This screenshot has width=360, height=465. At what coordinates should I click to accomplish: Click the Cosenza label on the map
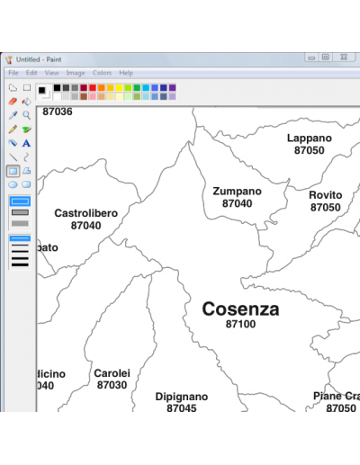pyautogui.click(x=240, y=309)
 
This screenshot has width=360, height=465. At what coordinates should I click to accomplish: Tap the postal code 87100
pyautogui.click(x=240, y=325)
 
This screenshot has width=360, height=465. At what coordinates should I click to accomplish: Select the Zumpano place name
pyautogui.click(x=238, y=192)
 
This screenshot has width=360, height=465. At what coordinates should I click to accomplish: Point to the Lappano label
pyautogui.click(x=310, y=139)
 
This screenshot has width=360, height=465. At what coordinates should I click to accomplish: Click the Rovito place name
pyautogui.click(x=326, y=195)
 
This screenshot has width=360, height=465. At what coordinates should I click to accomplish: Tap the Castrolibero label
pyautogui.click(x=85, y=213)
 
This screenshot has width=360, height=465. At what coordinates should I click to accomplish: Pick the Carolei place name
pyautogui.click(x=112, y=373)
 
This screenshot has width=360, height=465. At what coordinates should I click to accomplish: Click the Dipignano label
pyautogui.click(x=182, y=397)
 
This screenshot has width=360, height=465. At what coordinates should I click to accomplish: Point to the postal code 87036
pyautogui.click(x=58, y=112)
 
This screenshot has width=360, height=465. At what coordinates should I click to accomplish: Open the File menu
pyautogui.click(x=13, y=73)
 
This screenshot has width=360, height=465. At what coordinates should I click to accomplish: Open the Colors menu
pyautogui.click(x=102, y=73)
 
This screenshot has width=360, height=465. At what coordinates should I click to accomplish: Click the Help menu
pyautogui.click(x=126, y=73)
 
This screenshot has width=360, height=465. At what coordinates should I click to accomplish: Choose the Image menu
pyautogui.click(x=76, y=73)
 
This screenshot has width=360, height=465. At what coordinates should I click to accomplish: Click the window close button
pyautogui.click(x=344, y=58)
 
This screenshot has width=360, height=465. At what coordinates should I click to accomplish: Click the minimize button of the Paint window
pyautogui.click(x=311, y=58)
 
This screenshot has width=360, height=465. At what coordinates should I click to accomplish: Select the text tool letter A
pyautogui.click(x=27, y=143)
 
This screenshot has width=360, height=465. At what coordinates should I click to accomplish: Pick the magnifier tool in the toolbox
pyautogui.click(x=27, y=115)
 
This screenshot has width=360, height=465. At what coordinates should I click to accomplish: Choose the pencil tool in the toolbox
pyautogui.click(x=13, y=130)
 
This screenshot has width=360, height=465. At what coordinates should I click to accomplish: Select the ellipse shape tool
pyautogui.click(x=13, y=184)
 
